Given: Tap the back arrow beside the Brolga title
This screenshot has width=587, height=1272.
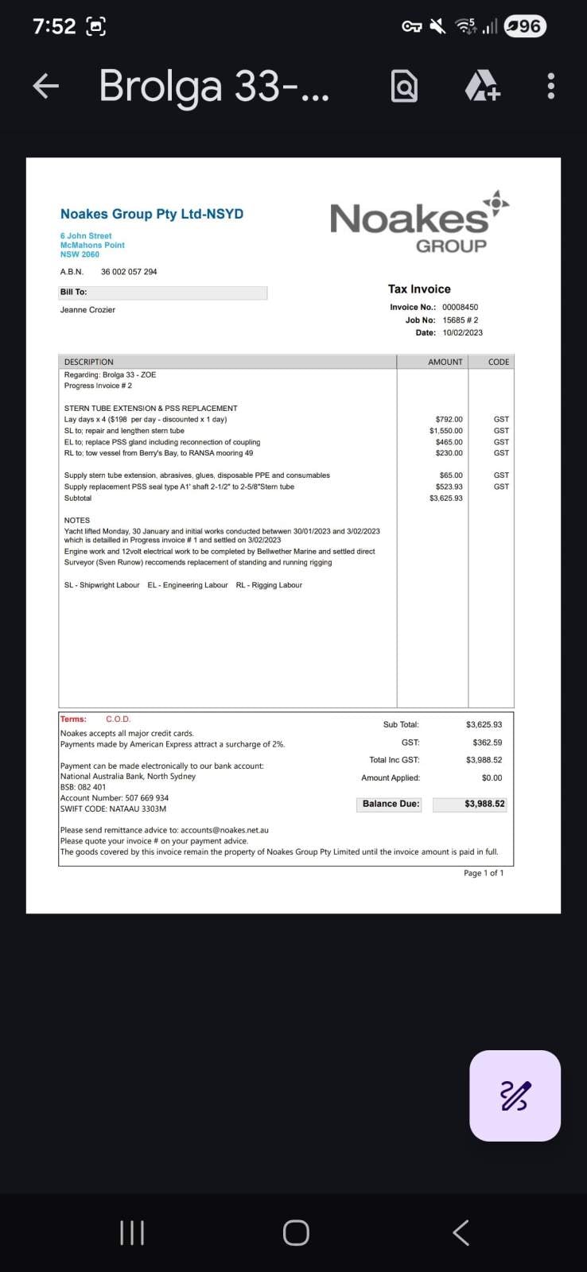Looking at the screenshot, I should [46, 86].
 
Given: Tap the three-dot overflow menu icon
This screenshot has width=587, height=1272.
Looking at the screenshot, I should [550, 86].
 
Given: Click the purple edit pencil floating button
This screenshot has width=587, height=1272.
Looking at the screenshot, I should [515, 1096].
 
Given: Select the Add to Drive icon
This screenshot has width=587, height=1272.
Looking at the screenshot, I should [482, 86].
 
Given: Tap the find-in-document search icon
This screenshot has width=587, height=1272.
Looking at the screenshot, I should [404, 86].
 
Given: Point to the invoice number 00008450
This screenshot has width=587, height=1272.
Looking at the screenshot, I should [460, 307].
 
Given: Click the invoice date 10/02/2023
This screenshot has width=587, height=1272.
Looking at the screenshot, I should [462, 332].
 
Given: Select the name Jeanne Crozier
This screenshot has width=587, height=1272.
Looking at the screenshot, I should [87, 309].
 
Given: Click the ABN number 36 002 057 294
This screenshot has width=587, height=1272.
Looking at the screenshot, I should [129, 272].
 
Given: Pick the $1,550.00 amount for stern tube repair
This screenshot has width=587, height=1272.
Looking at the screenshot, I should [445, 431].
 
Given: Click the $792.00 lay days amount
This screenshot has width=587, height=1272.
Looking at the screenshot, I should [449, 419].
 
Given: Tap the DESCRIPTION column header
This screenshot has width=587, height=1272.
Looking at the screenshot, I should [88, 362].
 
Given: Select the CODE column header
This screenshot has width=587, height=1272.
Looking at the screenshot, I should [499, 362].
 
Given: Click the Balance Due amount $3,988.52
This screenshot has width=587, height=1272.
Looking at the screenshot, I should [484, 804].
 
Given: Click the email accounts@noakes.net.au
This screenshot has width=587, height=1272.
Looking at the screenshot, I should [224, 830].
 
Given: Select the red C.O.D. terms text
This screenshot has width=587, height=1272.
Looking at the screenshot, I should [118, 719].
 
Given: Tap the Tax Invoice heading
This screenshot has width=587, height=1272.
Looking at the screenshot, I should [419, 289].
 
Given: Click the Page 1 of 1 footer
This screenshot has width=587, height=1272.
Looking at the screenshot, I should [484, 873].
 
